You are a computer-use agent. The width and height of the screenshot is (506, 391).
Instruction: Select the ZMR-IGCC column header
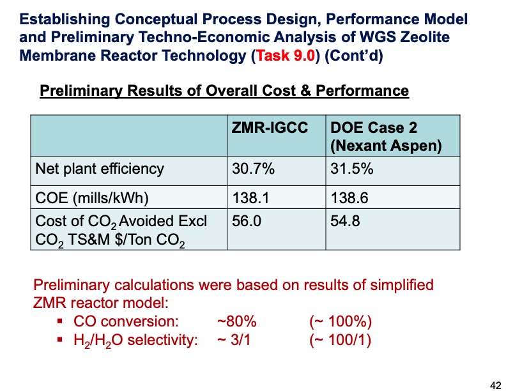[x=269, y=128]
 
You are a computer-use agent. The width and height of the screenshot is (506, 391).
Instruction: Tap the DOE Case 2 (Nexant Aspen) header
[x=385, y=136]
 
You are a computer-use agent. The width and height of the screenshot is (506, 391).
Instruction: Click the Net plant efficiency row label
[x=100, y=169]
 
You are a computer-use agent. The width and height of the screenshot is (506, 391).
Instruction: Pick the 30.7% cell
[x=253, y=169]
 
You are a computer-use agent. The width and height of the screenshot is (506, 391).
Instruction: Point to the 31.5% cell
[x=351, y=169]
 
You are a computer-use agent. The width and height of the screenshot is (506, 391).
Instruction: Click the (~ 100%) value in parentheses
[x=340, y=321]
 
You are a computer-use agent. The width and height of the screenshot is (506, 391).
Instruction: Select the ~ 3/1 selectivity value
[x=234, y=339]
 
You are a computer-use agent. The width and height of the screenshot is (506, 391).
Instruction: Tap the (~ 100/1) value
[x=340, y=339]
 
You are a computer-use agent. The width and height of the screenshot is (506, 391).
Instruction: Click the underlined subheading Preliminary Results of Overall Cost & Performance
[x=224, y=91]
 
